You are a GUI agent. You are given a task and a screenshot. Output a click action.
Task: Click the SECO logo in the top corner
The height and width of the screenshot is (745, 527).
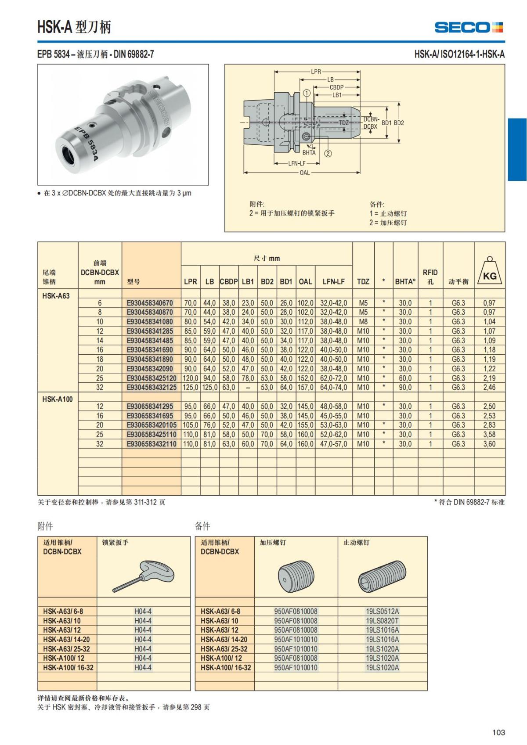click(468, 27)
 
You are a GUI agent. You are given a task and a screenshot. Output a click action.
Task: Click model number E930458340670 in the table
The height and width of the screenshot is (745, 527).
click(150, 303)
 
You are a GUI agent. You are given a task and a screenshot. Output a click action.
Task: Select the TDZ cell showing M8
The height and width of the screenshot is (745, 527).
click(363, 322)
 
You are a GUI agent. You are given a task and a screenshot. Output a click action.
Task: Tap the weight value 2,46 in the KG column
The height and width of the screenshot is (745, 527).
click(489, 388)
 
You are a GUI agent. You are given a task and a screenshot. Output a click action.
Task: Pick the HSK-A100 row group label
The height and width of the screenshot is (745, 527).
click(58, 399)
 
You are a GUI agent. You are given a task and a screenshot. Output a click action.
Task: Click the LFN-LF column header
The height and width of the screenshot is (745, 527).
click(333, 281)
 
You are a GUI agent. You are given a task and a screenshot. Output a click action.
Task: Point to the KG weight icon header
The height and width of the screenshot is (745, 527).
click(490, 272)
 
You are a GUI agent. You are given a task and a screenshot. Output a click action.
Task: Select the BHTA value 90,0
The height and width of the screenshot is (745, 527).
click(405, 388)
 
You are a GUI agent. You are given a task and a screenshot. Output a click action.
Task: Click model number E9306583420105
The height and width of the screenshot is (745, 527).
click(152, 425)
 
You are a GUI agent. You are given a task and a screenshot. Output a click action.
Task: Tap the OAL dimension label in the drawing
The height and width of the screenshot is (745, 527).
click(304, 173)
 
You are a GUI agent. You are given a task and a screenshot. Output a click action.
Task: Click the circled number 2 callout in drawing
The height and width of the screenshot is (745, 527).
click(328, 153)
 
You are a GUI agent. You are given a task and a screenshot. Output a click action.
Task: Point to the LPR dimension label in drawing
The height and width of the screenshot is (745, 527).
click(316, 72)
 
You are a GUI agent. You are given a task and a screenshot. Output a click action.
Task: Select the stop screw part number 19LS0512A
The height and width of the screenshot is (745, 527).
click(382, 611)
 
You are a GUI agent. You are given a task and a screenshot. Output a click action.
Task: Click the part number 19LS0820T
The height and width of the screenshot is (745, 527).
click(382, 621)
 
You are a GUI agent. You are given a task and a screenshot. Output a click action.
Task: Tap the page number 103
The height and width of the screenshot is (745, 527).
click(498, 732)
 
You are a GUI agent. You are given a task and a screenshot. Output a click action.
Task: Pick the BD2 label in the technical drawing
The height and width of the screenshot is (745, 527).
click(399, 123)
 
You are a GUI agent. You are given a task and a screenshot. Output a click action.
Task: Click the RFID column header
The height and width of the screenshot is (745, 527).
click(430, 277)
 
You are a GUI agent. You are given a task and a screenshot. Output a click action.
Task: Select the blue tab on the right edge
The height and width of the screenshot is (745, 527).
click(517, 149)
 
